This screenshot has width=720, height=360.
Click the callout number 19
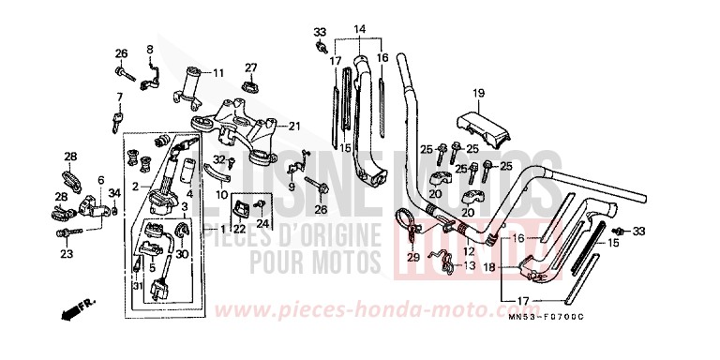coord(477,92)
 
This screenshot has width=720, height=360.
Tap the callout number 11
coord(218,72)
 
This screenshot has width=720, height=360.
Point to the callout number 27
coord(251,67)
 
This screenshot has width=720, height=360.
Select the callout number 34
coord(114,194)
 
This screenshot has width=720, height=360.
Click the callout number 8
coord(149,48)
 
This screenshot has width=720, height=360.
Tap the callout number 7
coord(120,97)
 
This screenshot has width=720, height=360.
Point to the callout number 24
coord(263,222)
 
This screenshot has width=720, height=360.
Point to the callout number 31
coord(135,285)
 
